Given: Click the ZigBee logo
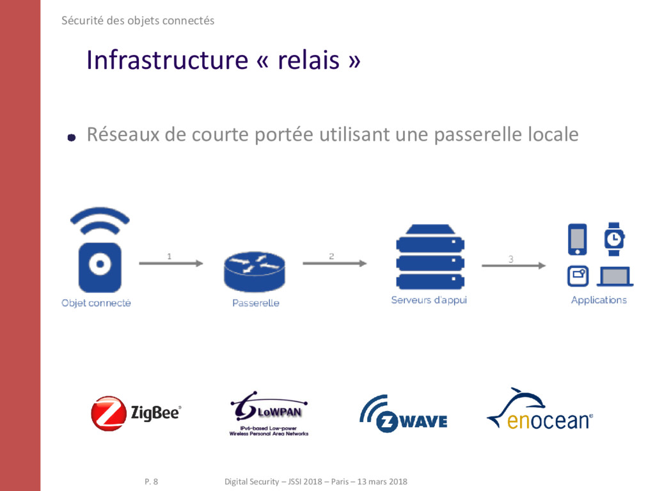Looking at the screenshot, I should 136,413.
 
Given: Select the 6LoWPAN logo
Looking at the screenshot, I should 269,414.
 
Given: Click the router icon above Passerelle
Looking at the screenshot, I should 255,271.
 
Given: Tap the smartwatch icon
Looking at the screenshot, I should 614,239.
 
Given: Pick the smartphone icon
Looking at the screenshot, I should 577,239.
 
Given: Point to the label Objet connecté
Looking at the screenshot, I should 96,303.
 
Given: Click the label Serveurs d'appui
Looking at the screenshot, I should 429,300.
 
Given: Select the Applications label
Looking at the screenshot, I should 599,300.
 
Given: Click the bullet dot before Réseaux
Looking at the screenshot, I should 72,137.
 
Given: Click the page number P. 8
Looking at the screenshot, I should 151,481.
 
